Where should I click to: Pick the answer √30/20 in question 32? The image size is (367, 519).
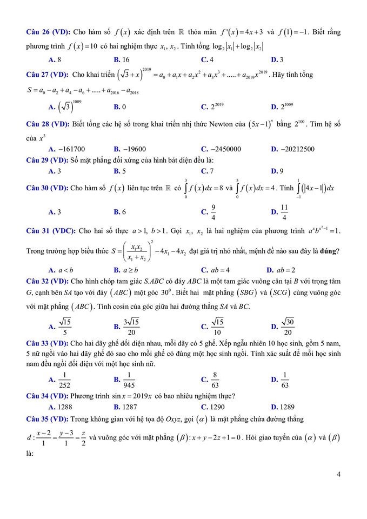(x=288, y=326)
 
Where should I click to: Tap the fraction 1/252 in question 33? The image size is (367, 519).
(x=65, y=380)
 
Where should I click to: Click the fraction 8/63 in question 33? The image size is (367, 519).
(x=215, y=380)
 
